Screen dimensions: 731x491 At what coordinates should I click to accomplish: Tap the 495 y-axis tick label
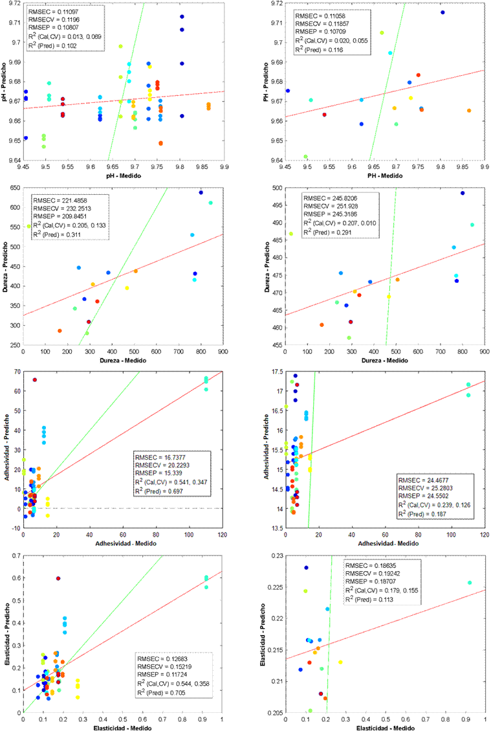pyautogui.click(x=276, y=205)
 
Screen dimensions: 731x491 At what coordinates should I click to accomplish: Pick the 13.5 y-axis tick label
pyautogui.click(x=276, y=528)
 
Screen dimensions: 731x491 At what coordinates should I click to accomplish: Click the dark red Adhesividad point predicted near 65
pyautogui.click(x=35, y=380)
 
